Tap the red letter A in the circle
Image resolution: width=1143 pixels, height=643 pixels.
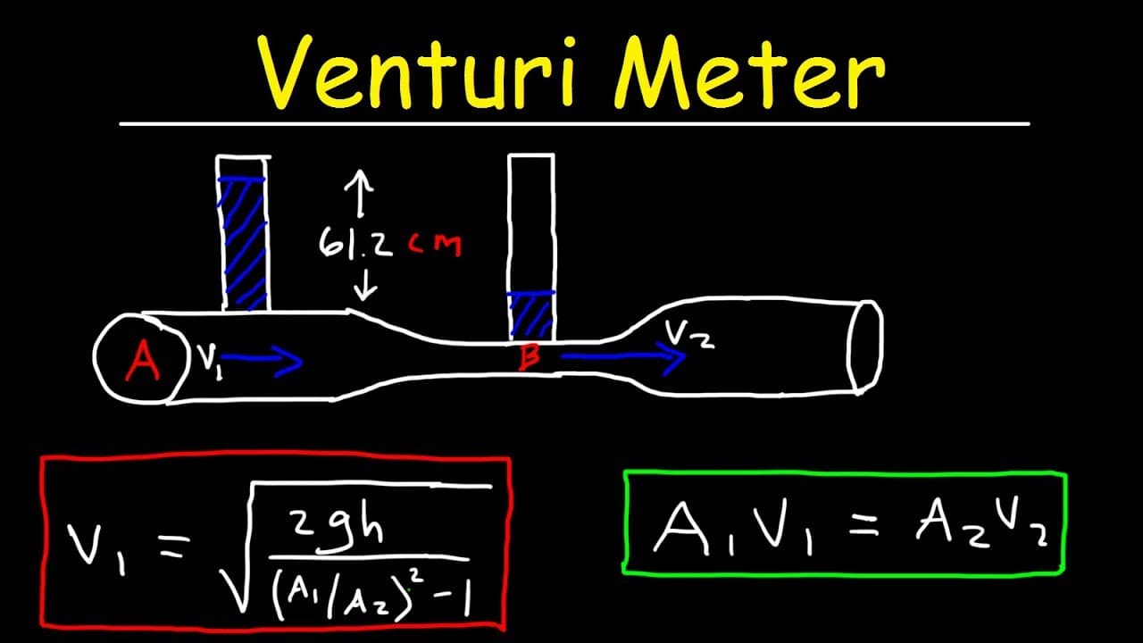[144, 362]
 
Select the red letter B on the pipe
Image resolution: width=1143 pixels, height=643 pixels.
[530, 357]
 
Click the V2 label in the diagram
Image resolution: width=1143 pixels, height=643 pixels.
[689, 335]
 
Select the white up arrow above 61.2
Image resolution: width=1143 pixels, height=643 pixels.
[359, 194]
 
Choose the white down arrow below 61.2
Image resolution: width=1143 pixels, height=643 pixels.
[365, 284]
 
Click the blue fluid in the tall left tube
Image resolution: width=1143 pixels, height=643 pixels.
[244, 243]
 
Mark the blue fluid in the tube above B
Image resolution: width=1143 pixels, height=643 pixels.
[531, 315]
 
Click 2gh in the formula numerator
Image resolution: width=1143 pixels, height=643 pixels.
[338, 530]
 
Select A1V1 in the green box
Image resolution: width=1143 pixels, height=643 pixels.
[733, 529]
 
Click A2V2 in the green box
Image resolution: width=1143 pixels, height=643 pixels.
[980, 526]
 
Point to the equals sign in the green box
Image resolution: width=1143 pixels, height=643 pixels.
[864, 526]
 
